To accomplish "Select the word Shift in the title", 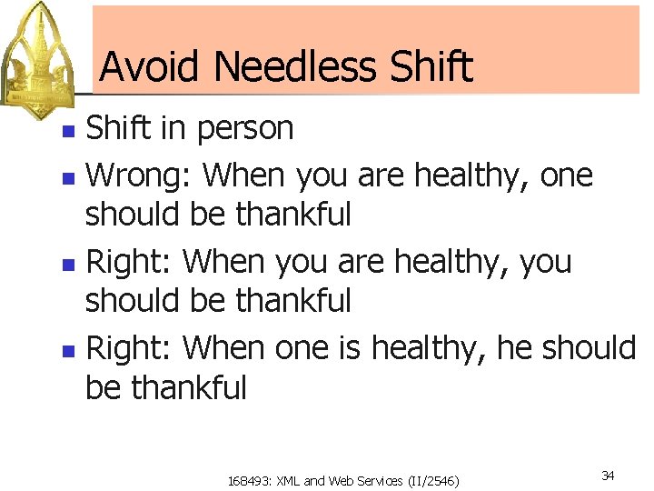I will (431, 66).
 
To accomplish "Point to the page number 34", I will (608, 476).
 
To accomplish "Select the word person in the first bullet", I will (244, 129).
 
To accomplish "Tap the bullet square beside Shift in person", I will (67, 131).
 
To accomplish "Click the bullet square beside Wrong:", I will (67, 175).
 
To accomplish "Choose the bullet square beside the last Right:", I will (67, 348).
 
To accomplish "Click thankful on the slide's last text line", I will (188, 388).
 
